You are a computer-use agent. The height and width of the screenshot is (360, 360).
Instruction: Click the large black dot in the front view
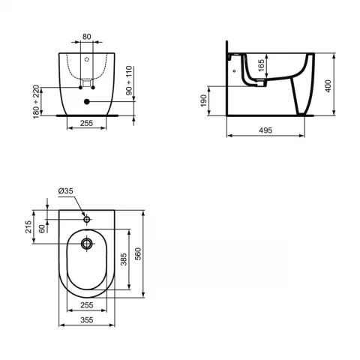tap(88, 101)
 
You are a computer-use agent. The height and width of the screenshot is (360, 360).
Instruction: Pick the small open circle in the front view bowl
tap(88, 59)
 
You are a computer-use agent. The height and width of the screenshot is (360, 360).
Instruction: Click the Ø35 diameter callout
tap(67, 192)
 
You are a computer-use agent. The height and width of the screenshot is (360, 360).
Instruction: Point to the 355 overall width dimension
tap(88, 319)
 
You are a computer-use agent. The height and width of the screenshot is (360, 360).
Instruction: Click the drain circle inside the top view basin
tap(88, 243)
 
